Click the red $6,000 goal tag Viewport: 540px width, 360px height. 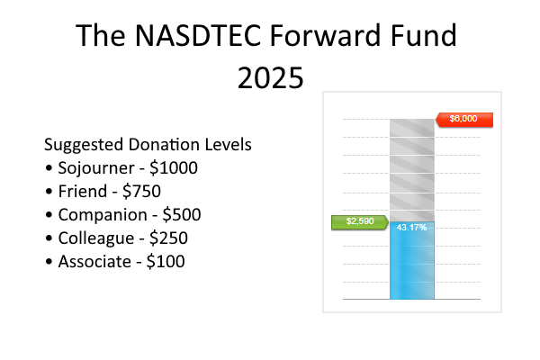click(464, 119)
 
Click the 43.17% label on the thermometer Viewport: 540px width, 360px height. click(411, 227)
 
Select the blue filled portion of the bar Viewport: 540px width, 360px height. click(411, 265)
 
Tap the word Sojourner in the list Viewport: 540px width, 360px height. click(95, 168)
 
